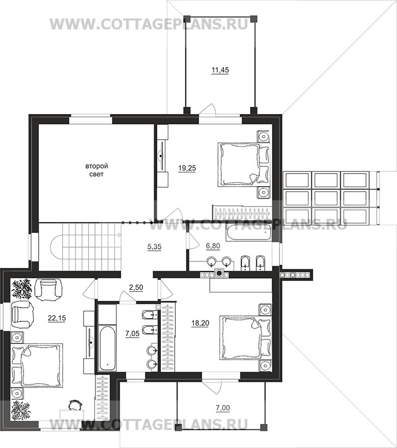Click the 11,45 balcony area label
220,70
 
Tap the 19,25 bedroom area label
187,168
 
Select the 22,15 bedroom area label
57,318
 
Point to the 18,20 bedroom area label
200,323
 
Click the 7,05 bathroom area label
133,333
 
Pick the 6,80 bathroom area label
213,246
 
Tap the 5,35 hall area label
155,247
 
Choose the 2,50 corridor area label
136,288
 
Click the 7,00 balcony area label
223,408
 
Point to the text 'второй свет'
97,170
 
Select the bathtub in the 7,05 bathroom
107,347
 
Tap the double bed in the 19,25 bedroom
244,165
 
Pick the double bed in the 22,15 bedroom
37,366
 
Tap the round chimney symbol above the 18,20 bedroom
220,274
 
